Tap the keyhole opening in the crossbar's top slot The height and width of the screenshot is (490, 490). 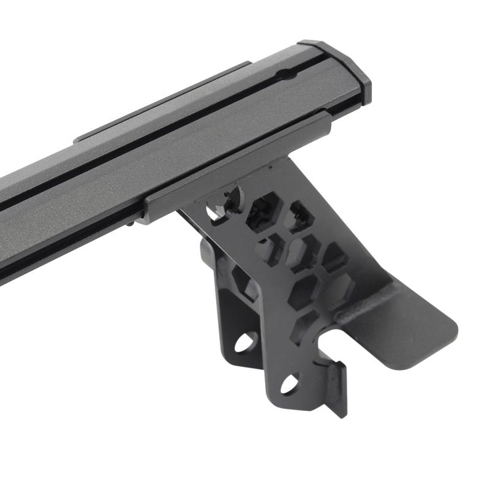coord(283,75)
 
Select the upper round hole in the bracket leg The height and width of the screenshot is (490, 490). coord(246,341)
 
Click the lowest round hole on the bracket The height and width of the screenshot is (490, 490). coord(288,383)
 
